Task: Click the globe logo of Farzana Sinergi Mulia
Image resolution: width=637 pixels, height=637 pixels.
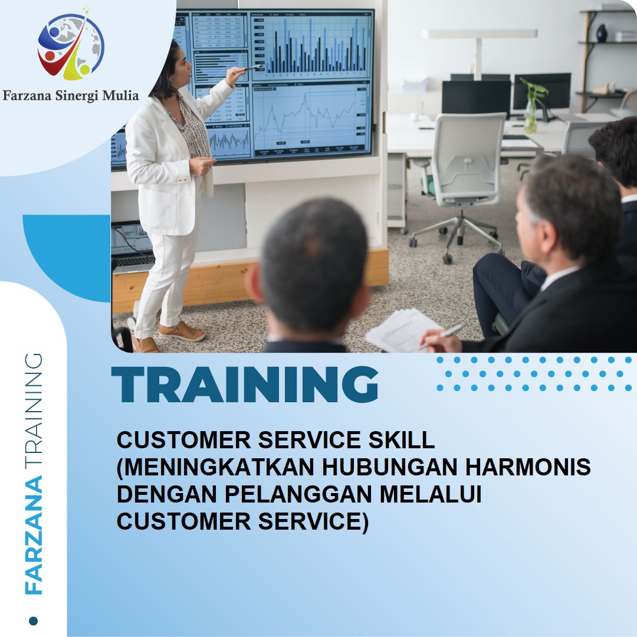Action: pos(71,44)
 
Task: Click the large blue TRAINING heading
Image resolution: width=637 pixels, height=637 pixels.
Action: pos(245,385)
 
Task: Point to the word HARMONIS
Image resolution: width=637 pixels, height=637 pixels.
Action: pos(528,467)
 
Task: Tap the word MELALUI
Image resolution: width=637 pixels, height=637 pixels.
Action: pos(430,494)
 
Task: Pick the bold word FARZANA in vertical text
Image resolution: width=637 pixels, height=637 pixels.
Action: pos(34,536)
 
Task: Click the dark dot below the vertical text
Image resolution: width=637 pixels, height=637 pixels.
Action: pos(33,620)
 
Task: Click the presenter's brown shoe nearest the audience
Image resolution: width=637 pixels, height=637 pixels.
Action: pos(182,331)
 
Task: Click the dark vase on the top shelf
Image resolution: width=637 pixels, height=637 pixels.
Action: pos(601,33)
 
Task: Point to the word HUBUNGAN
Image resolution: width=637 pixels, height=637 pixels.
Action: pos(390,467)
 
